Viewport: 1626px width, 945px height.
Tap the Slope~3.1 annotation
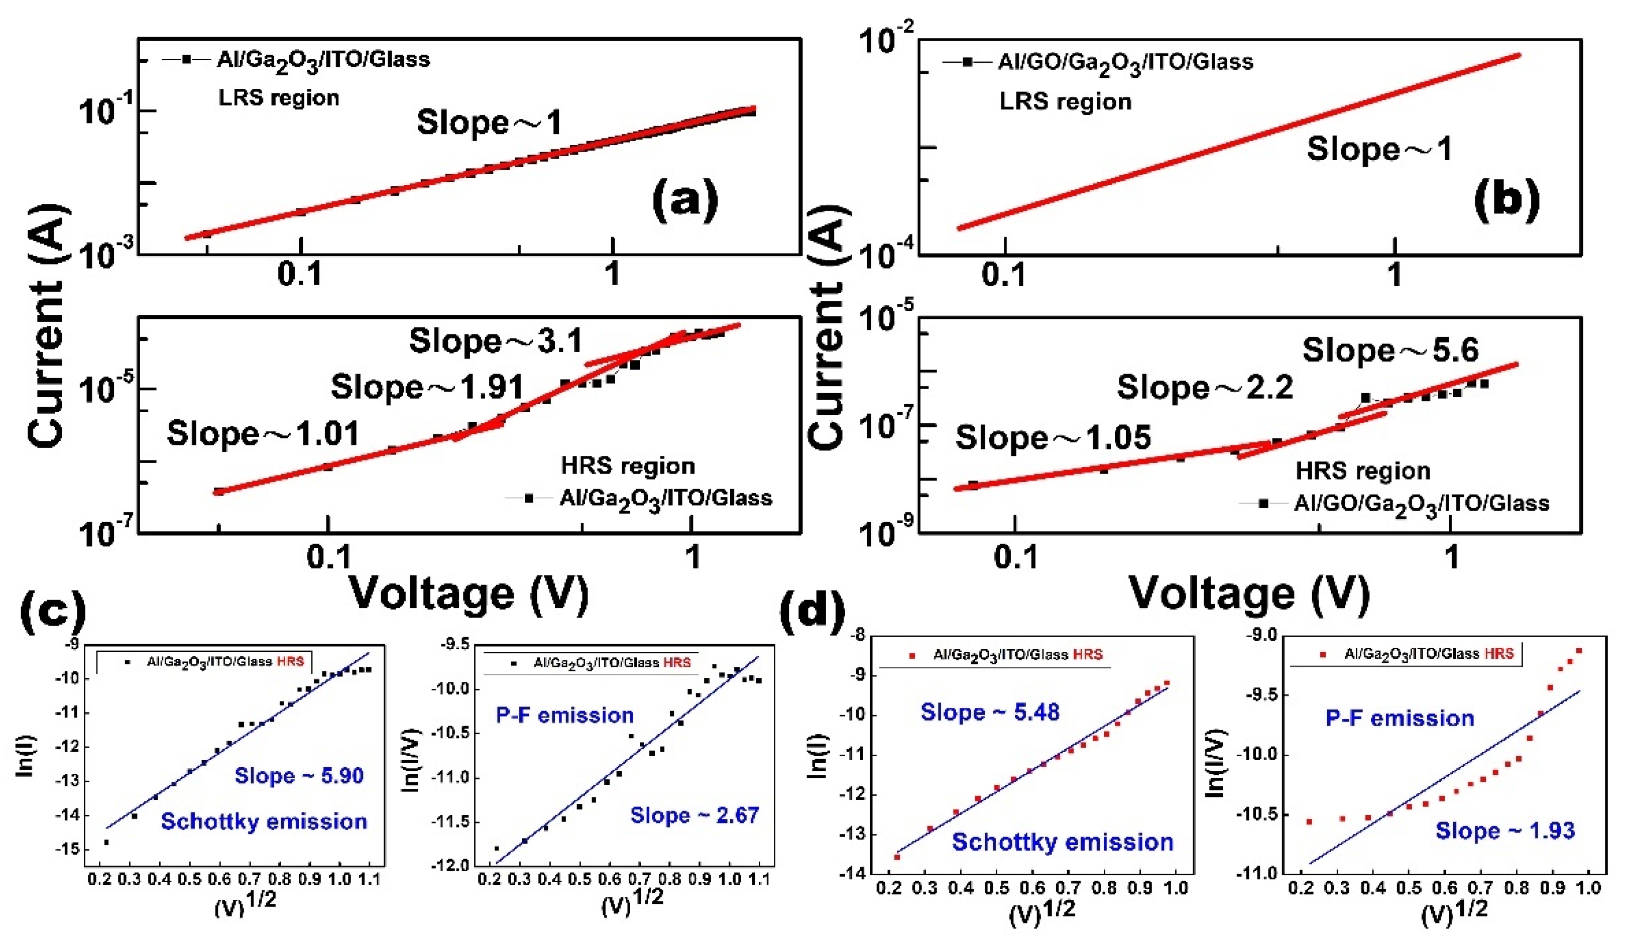click(x=496, y=340)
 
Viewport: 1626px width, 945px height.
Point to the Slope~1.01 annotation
click(x=263, y=433)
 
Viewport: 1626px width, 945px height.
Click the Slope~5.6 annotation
click(x=1390, y=350)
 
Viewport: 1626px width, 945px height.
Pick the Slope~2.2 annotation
click(x=1205, y=387)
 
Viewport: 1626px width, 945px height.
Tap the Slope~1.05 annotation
click(x=1053, y=437)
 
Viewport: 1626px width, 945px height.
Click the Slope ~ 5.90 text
click(x=299, y=775)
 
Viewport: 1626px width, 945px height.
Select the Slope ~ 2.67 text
click(x=694, y=815)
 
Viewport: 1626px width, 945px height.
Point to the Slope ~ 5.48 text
click(x=990, y=712)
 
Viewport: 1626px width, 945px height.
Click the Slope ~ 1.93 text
click(x=1504, y=830)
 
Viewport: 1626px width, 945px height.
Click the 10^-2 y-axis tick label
click(x=886, y=40)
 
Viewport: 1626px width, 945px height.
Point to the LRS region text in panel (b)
click(x=1065, y=101)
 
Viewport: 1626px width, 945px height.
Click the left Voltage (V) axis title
click(x=469, y=592)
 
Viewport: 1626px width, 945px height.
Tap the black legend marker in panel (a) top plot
click(x=186, y=59)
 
